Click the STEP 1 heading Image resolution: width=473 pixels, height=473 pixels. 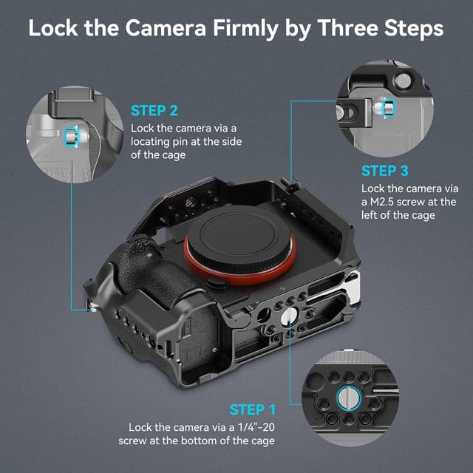[253, 409]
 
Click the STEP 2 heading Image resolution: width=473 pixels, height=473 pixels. [154, 111]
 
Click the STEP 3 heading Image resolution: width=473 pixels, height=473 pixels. [384, 171]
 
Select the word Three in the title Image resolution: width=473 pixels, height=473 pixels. [347, 28]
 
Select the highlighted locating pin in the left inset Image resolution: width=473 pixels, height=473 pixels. [71, 135]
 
